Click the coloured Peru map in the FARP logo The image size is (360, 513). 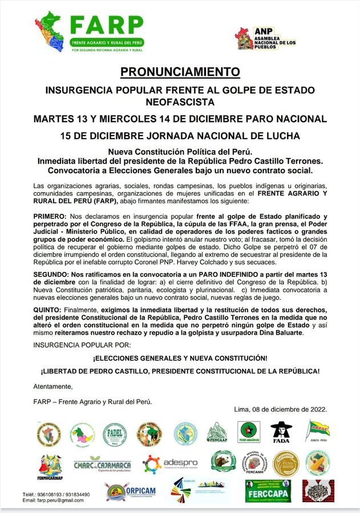(x=50, y=31)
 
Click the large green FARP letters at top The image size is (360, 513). (x=106, y=25)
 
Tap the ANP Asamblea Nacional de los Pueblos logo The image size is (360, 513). (x=266, y=38)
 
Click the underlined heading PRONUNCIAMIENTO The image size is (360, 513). (x=180, y=72)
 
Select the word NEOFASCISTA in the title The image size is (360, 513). (x=180, y=103)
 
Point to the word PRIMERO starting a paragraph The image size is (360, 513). (x=50, y=216)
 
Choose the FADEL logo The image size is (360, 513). (x=115, y=435)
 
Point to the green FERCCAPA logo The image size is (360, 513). (x=268, y=491)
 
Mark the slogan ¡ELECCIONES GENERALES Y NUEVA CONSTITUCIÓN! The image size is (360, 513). (x=180, y=358)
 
